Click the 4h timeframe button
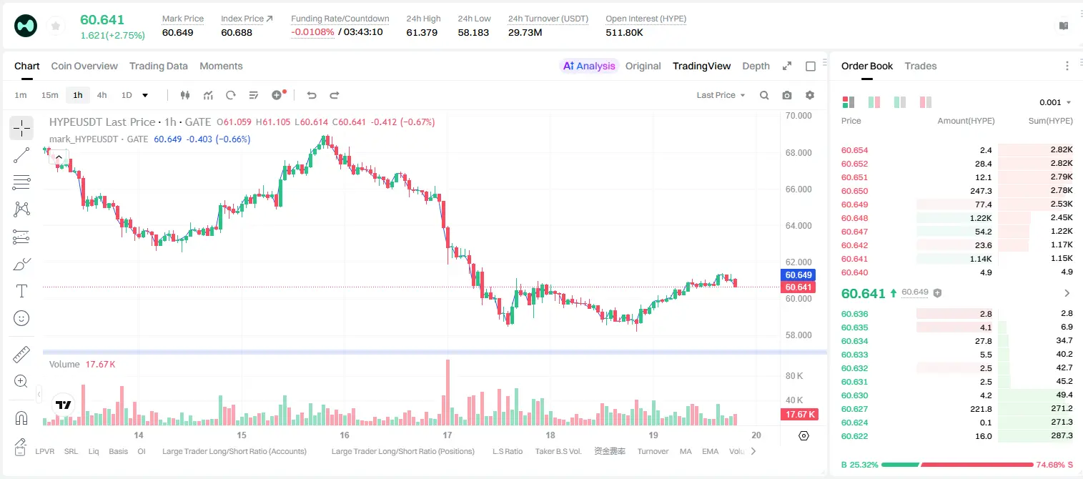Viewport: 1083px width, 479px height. click(102, 95)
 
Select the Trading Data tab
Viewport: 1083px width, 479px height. click(158, 66)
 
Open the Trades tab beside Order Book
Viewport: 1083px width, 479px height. click(920, 66)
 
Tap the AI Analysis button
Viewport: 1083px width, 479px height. click(589, 66)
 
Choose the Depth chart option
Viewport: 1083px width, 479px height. click(756, 66)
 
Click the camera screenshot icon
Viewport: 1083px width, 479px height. click(787, 95)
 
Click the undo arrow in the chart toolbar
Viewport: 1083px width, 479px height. click(312, 95)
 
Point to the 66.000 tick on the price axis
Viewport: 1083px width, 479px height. click(798, 189)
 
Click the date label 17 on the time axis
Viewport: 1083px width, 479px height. click(447, 435)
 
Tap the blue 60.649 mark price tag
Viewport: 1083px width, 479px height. click(798, 275)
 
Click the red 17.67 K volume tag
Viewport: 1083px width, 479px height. click(799, 414)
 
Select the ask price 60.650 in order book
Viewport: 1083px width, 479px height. click(854, 191)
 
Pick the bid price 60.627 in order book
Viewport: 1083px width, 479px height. click(854, 409)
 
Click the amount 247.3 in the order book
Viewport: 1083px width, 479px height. click(981, 191)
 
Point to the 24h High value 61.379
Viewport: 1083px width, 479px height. click(422, 32)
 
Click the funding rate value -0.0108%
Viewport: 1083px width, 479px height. click(312, 32)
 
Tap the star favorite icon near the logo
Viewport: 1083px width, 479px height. click(56, 26)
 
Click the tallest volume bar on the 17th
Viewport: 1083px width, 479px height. click(447, 392)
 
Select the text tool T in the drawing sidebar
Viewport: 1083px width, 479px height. click(21, 291)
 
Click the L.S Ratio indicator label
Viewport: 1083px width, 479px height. click(507, 451)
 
